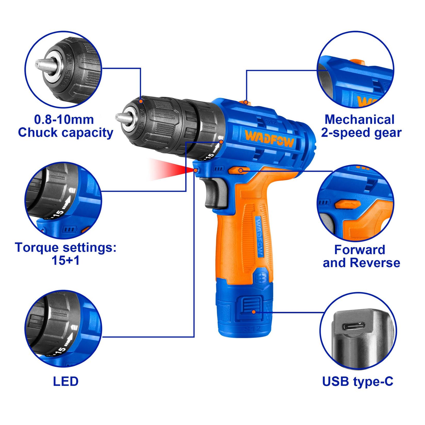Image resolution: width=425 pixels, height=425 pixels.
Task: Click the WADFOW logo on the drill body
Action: click(x=269, y=139)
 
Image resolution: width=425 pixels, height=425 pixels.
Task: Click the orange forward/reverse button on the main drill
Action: click(x=239, y=170)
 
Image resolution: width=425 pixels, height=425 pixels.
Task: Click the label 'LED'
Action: click(x=66, y=381)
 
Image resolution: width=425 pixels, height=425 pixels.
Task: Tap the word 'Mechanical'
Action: click(x=359, y=120)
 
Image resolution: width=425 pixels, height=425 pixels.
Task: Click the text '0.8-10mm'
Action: click(x=64, y=120)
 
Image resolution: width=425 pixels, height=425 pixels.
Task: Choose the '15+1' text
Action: click(x=66, y=261)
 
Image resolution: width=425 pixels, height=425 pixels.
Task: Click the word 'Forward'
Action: click(x=359, y=250)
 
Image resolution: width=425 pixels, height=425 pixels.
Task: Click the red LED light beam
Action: click(x=170, y=169)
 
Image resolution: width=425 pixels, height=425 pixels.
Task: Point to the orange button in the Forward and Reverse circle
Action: click(x=347, y=205)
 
